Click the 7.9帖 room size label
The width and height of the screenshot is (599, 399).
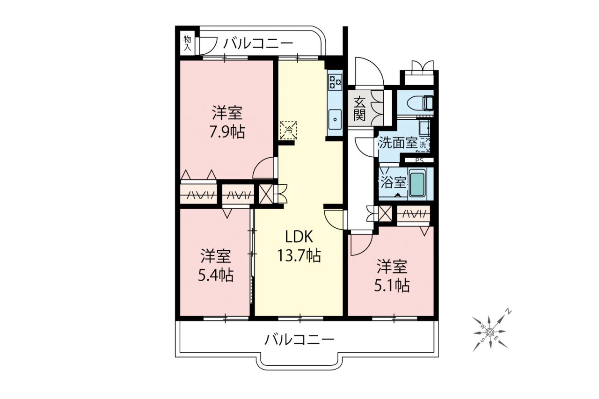[227, 132]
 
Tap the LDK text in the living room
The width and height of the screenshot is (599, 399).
[299, 237]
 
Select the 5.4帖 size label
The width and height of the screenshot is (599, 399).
[216, 275]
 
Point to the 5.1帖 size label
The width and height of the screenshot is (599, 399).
[392, 286]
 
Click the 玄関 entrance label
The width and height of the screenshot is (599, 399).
[359, 109]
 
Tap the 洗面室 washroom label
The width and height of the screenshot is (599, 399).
[398, 144]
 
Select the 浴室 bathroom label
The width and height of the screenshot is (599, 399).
[393, 182]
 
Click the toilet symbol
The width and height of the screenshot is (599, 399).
[420, 103]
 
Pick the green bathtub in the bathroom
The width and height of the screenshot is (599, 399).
[418, 184]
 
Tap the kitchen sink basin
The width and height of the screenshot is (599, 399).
[335, 119]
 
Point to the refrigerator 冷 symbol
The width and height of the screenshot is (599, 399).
[288, 131]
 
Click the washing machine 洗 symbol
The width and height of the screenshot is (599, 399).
[423, 145]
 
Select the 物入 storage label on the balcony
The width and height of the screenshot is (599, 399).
[187, 44]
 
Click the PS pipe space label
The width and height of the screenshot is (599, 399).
[419, 161]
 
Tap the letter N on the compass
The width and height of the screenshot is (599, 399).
[508, 312]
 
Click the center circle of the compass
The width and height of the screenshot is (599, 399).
[489, 332]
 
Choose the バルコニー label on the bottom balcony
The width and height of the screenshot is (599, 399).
[299, 340]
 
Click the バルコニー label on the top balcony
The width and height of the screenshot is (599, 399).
[258, 44]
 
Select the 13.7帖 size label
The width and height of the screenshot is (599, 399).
[299, 255]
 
